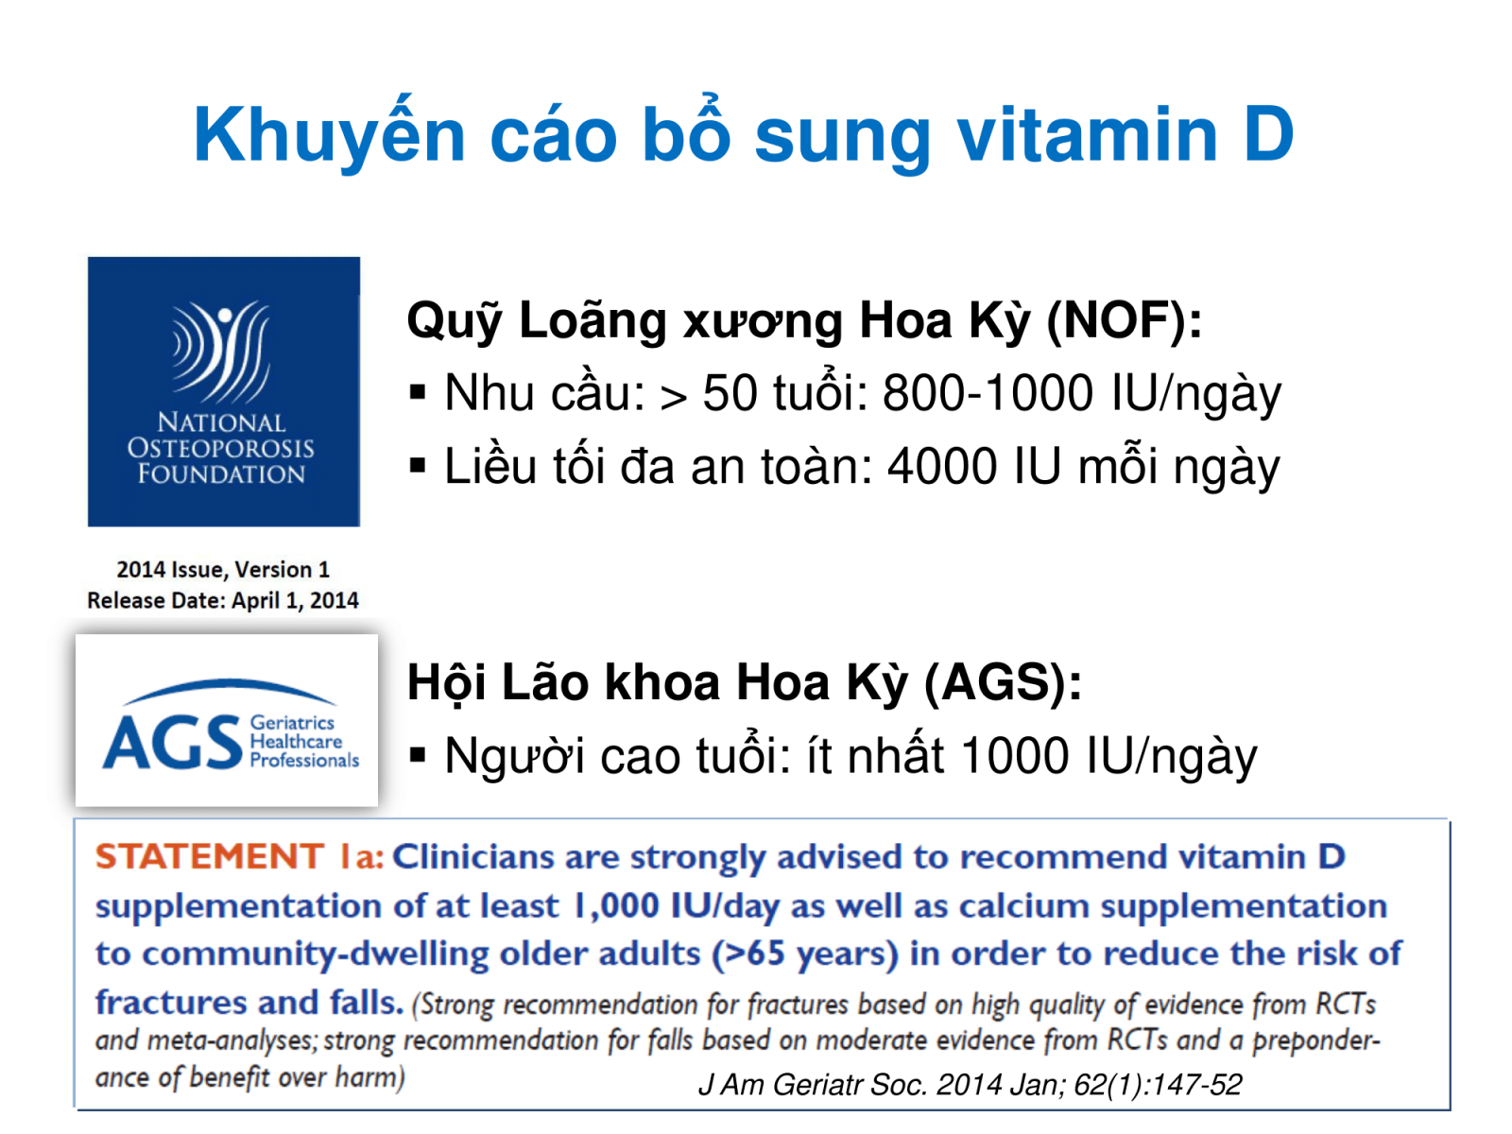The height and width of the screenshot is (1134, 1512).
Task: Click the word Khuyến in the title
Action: (x=330, y=133)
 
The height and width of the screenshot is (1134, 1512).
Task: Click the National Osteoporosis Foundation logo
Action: (x=224, y=392)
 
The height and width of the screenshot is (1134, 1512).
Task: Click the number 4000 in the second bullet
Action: (x=942, y=466)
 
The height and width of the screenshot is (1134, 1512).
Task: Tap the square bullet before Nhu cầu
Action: (x=417, y=392)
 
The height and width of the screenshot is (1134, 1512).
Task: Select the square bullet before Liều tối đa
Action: (x=417, y=466)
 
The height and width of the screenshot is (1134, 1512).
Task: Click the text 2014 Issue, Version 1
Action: (x=223, y=570)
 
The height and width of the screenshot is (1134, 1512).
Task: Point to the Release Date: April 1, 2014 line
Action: (x=223, y=600)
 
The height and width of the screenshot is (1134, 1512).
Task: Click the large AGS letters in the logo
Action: (x=172, y=742)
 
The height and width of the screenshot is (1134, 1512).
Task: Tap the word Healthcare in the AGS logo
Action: (x=296, y=742)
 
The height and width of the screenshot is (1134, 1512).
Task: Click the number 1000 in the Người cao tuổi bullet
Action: (x=1015, y=755)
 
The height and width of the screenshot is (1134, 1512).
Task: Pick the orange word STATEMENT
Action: (x=210, y=856)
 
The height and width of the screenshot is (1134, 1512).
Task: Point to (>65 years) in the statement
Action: (x=805, y=954)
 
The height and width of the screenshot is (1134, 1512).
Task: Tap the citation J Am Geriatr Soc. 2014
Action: (x=970, y=1085)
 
